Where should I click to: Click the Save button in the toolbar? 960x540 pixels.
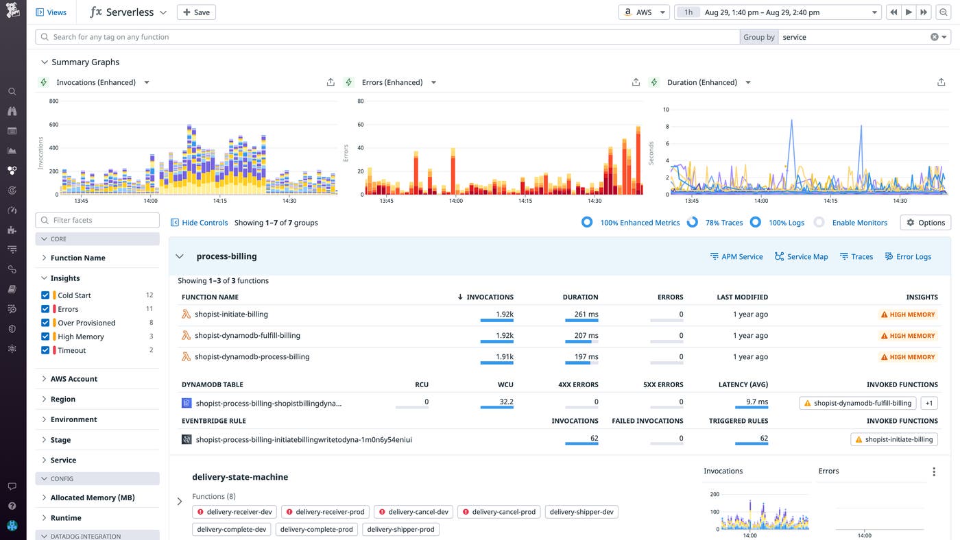[x=196, y=12]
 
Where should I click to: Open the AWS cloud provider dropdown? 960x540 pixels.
[x=644, y=12]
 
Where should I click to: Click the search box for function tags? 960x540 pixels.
[x=387, y=37]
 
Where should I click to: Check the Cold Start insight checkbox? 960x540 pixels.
[x=45, y=295]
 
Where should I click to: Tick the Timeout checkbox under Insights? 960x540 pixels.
[x=45, y=350]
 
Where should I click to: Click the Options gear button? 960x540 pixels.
[x=925, y=223]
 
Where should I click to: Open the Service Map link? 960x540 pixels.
[x=801, y=256]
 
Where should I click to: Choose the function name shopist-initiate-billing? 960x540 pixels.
[x=231, y=315]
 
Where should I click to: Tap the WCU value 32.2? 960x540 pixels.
[x=506, y=402]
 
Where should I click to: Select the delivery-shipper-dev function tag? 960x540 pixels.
[x=581, y=512]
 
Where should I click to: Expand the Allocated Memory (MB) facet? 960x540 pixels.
[x=92, y=498]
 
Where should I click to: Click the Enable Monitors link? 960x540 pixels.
[x=859, y=223]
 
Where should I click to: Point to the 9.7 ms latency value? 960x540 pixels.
[x=757, y=402]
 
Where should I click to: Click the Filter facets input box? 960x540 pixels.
[x=97, y=220]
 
